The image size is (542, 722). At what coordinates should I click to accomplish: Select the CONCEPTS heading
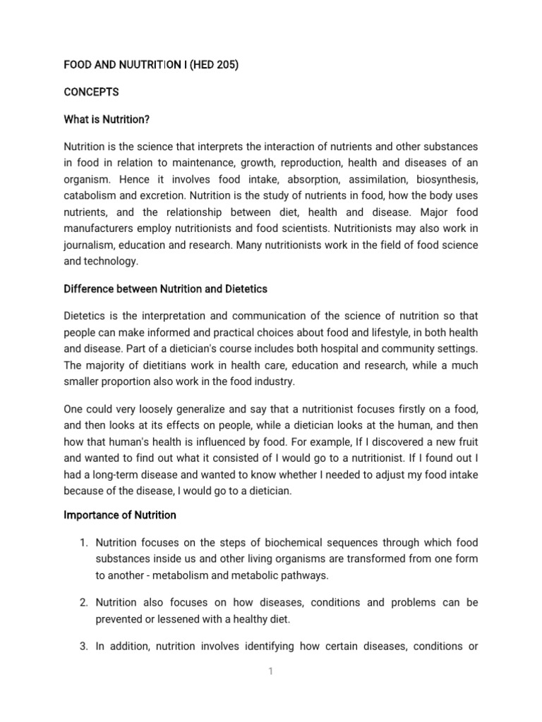click(92, 92)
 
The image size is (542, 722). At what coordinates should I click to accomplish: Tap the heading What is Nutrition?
click(107, 119)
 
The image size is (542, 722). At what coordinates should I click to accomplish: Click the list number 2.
click(83, 603)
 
